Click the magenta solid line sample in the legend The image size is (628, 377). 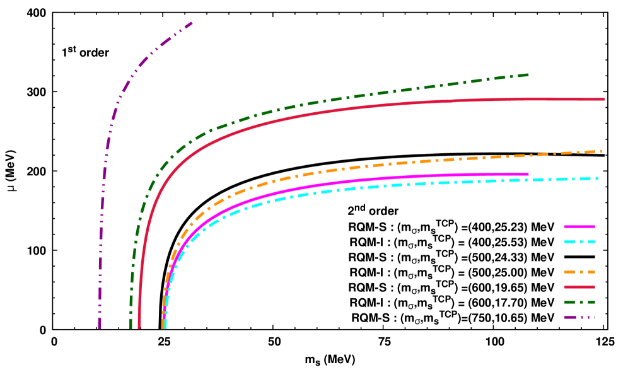(579, 226)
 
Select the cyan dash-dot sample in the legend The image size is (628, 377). (579, 241)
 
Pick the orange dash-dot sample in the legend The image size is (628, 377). (579, 272)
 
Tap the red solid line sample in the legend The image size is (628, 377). (579, 287)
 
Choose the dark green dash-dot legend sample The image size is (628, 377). (579, 302)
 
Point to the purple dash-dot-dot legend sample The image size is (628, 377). (579, 317)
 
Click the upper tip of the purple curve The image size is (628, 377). (192, 23)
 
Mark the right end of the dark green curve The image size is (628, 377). (528, 74)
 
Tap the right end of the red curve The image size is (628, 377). (603, 99)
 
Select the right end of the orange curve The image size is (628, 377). (602, 151)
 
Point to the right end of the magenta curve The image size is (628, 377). (528, 174)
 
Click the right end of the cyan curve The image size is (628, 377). (598, 178)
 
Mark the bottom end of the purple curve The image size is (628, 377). (99, 327)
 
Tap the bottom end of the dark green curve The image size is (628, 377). (131, 327)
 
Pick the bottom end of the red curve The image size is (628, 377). (139, 327)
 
